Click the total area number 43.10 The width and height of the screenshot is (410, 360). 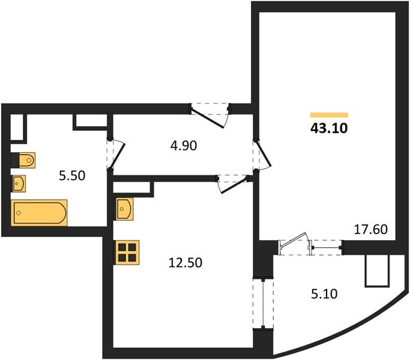(x=329, y=128)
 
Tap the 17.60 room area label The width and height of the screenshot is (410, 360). (x=370, y=229)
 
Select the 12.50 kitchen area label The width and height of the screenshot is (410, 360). (x=185, y=262)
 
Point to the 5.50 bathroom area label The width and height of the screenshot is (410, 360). (x=72, y=175)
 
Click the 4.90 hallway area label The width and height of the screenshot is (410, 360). (x=184, y=146)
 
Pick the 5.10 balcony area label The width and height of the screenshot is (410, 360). (x=324, y=293)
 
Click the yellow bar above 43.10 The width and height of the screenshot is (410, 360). (x=329, y=115)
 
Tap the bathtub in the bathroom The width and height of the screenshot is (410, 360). (x=39, y=212)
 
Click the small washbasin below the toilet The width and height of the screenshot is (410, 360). (x=19, y=184)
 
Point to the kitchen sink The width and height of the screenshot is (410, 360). (x=125, y=209)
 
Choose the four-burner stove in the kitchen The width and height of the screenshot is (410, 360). (x=127, y=252)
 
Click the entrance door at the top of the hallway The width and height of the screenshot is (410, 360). (x=210, y=116)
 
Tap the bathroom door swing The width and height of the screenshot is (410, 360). (x=116, y=154)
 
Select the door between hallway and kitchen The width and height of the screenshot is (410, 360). (x=232, y=184)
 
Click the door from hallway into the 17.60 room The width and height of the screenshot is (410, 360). (x=262, y=156)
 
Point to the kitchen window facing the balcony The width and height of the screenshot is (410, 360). (x=263, y=304)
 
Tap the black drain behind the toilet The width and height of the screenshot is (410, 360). (x=15, y=160)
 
